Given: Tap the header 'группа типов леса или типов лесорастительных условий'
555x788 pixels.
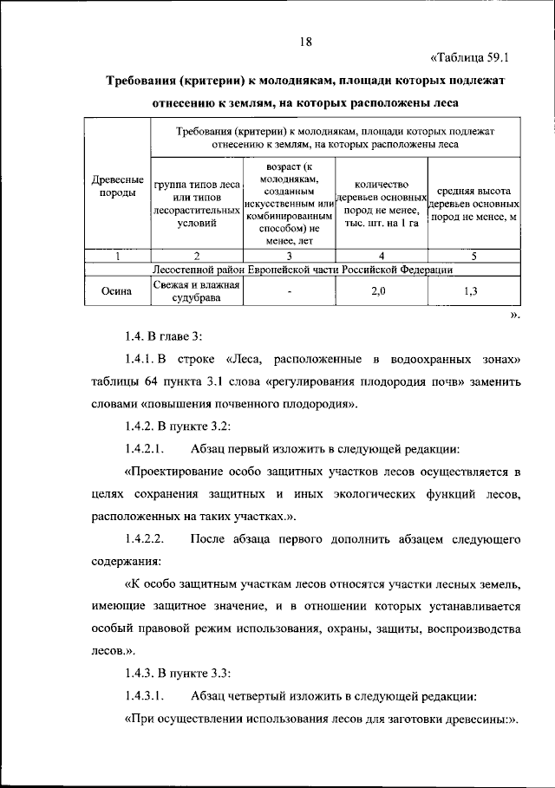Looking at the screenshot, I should [197, 205].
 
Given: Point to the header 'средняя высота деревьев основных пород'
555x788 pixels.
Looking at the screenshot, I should [473, 205].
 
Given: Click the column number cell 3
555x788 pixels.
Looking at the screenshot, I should [289, 256].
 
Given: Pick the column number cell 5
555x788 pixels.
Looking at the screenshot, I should [473, 256].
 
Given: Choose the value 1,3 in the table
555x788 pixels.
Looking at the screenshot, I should [473, 291].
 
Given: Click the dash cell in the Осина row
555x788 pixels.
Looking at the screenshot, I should [289, 292].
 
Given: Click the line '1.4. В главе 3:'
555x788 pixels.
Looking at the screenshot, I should [163, 335].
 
